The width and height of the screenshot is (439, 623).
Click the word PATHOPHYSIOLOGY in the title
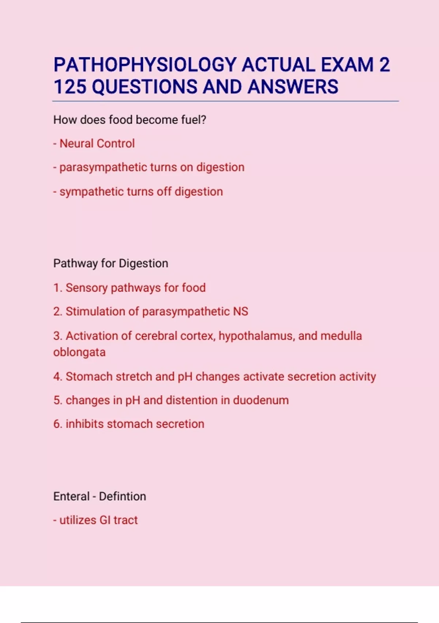coord(145,65)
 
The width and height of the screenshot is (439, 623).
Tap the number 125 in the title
coord(70,87)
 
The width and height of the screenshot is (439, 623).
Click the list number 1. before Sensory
coord(58,288)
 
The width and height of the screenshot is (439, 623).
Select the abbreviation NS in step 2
coord(240,311)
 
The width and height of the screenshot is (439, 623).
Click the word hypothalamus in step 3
coord(257,336)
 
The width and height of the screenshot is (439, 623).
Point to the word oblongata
coord(79,353)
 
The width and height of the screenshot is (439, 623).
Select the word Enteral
coord(71,497)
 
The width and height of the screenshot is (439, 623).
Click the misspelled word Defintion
coord(122,497)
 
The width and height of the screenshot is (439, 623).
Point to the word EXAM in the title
coord(347,65)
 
